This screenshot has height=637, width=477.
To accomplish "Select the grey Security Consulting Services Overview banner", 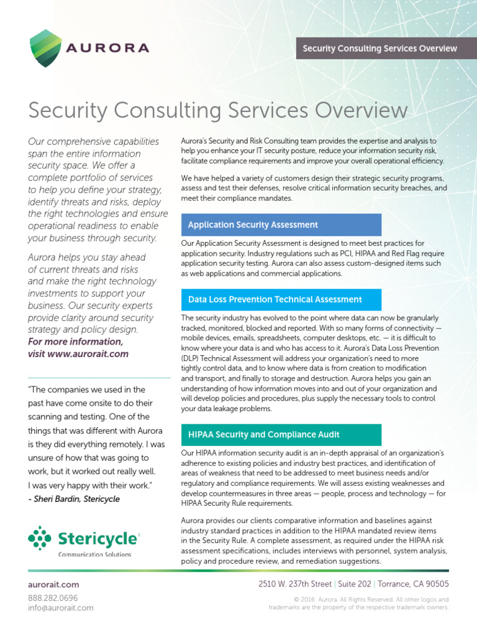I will [379, 49].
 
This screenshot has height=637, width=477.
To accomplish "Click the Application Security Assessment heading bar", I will [281, 225].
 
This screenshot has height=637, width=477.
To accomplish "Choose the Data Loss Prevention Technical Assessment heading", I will [281, 299].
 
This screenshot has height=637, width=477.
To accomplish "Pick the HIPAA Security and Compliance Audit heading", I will [281, 434].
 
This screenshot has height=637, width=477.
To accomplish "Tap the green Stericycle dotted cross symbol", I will [40, 539].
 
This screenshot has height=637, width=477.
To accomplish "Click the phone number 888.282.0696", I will [53, 597].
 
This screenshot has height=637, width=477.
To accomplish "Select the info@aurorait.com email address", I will [61, 608].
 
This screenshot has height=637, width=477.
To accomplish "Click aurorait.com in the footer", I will [53, 585].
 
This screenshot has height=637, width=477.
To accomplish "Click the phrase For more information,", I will [75, 342].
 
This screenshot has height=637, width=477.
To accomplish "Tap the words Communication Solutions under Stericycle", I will [94, 554].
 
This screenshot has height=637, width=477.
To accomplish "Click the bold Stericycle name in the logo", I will [98, 538].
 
